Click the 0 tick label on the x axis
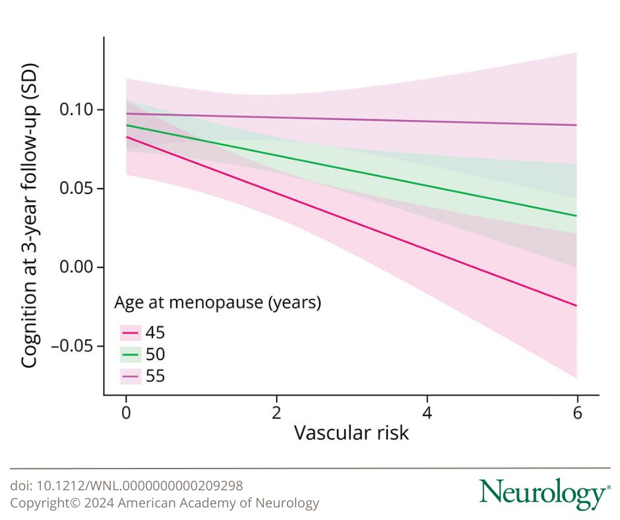click(x=126, y=414)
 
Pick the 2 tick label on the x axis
click(x=276, y=414)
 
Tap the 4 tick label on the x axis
click(x=427, y=414)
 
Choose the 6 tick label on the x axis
click(x=577, y=414)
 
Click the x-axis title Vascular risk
click(x=351, y=434)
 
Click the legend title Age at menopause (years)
click(x=218, y=304)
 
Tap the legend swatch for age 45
click(x=130, y=333)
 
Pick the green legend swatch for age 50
click(x=130, y=354)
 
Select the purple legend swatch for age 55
click(x=130, y=376)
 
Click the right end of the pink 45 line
click(x=576, y=306)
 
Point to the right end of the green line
click(x=576, y=215)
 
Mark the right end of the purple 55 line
click(x=576, y=125)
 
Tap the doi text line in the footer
click(x=127, y=486)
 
